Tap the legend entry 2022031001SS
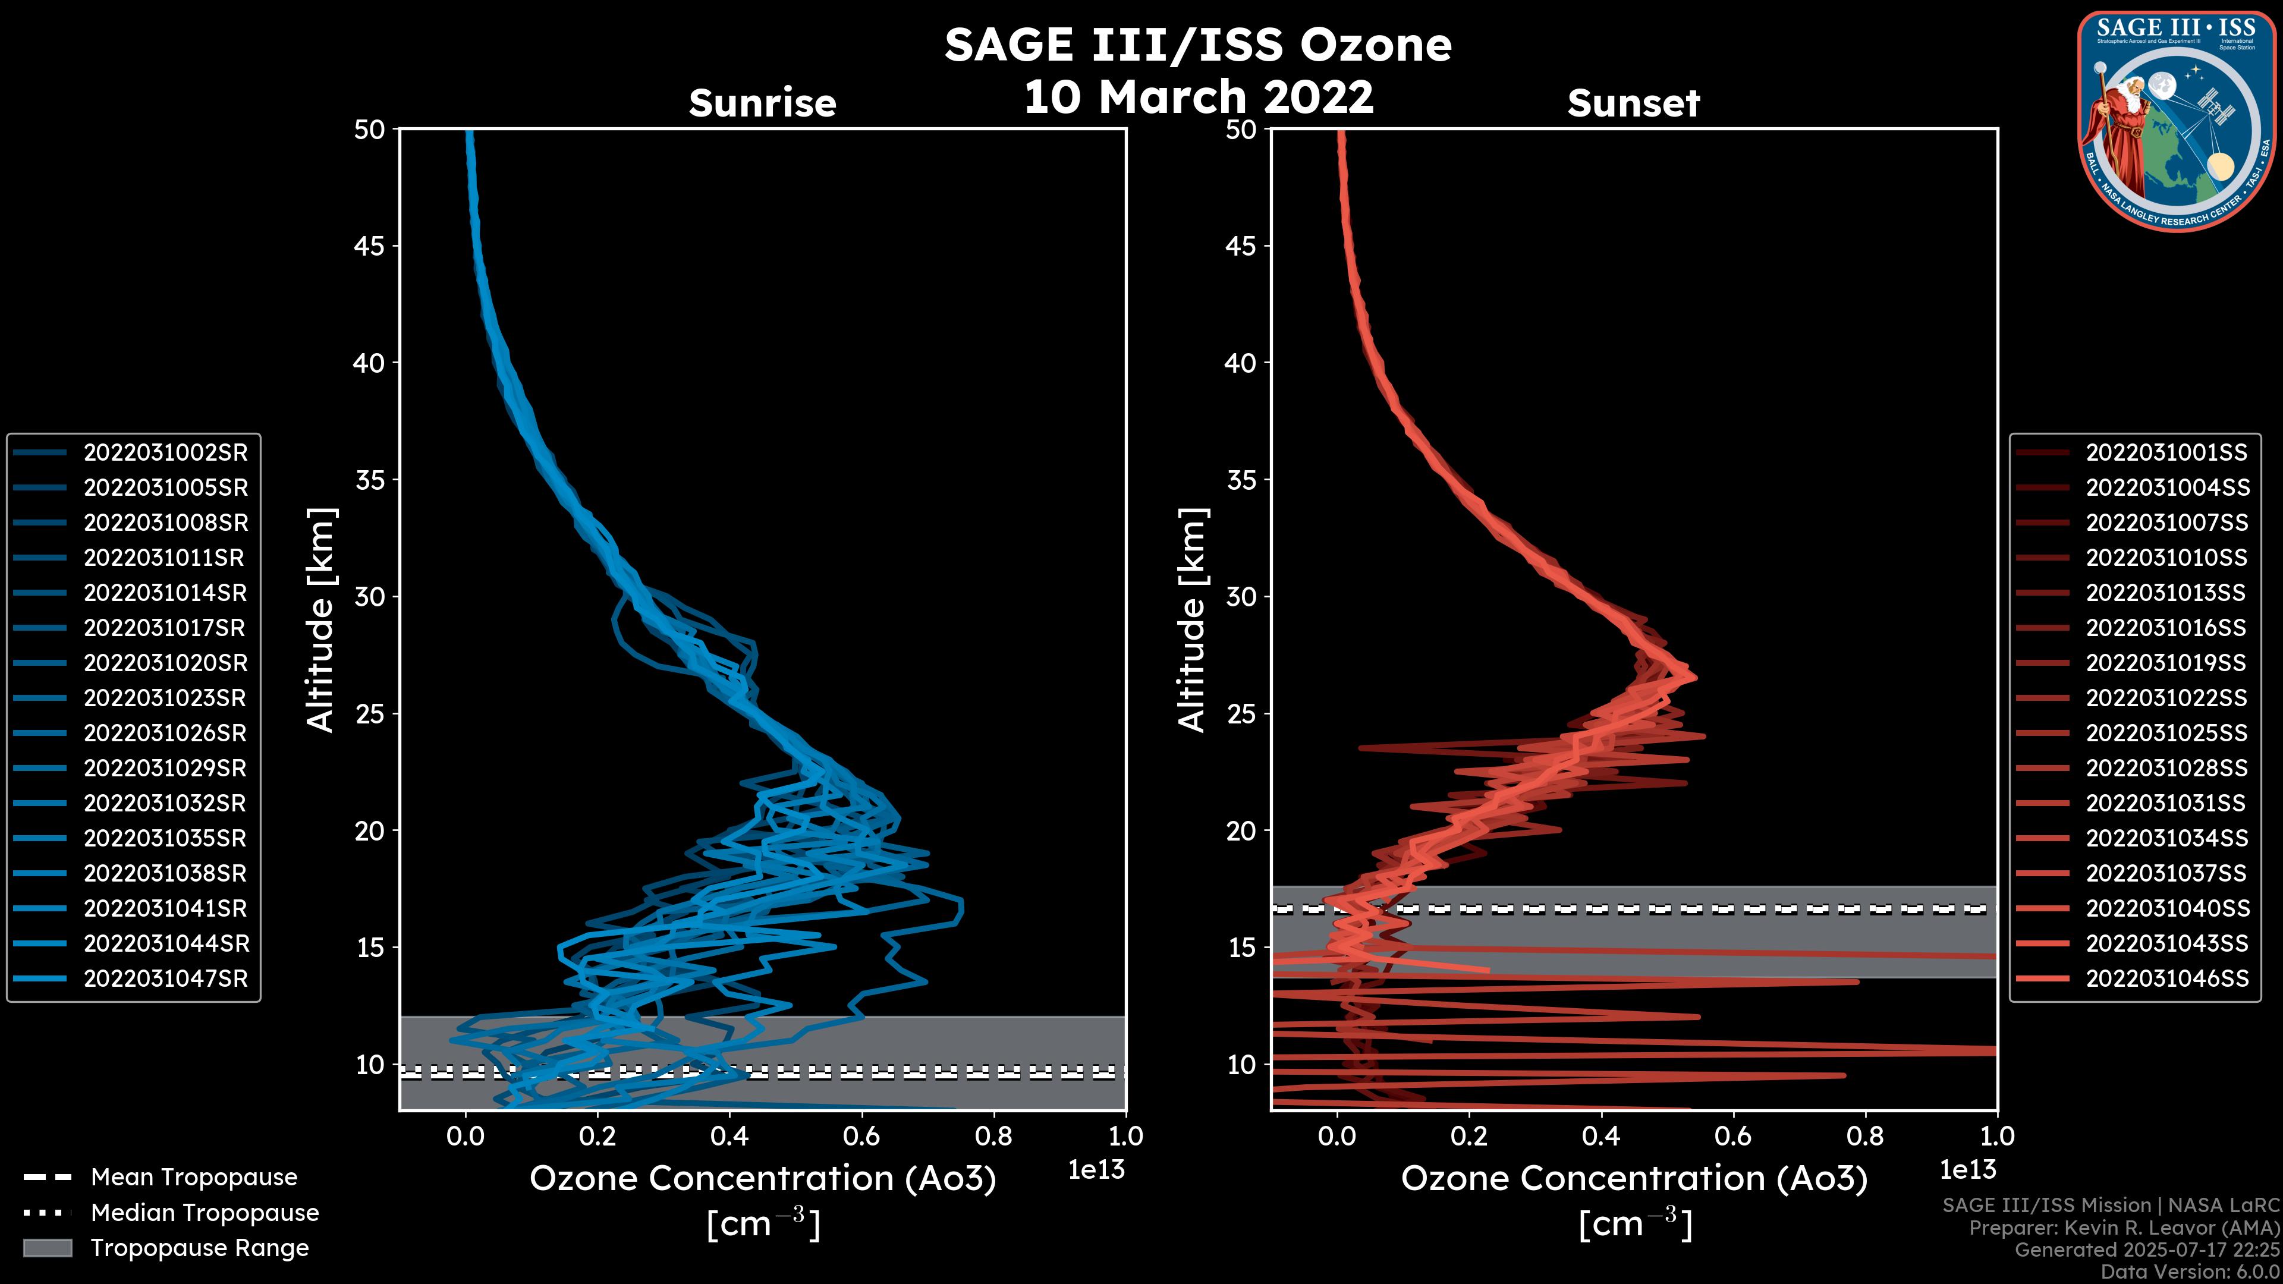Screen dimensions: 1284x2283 (2166, 453)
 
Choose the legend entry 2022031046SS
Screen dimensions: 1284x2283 (2166, 979)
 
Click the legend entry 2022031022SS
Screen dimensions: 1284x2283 (2166, 698)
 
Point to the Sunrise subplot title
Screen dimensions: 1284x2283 (762, 103)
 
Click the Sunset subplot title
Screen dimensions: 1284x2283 (1633, 103)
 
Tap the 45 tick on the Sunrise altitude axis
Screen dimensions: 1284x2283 (370, 246)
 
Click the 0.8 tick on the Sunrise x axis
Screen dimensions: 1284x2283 (993, 1136)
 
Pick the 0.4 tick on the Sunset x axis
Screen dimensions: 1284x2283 (1600, 1136)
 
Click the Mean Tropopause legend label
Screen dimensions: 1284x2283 (194, 1178)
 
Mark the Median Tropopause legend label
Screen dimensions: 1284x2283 (205, 1213)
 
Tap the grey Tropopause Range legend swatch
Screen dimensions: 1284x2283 (47, 1248)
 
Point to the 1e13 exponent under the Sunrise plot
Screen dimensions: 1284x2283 (1096, 1170)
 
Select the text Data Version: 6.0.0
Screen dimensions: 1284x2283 (2191, 1273)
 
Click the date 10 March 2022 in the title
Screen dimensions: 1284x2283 (1198, 96)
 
